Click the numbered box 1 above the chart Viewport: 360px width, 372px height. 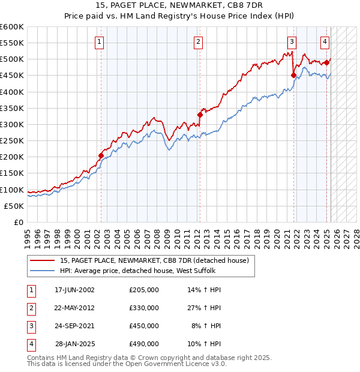[98, 42]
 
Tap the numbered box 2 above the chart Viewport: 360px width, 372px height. [197, 42]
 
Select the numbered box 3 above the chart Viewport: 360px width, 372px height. [291, 42]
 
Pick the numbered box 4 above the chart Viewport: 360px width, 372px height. [325, 42]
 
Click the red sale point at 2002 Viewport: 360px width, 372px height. [101, 155]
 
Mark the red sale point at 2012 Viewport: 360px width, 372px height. [200, 115]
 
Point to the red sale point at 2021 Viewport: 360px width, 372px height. [293, 76]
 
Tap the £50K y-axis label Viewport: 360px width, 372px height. [14, 206]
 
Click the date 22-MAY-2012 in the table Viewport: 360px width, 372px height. [74, 308]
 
